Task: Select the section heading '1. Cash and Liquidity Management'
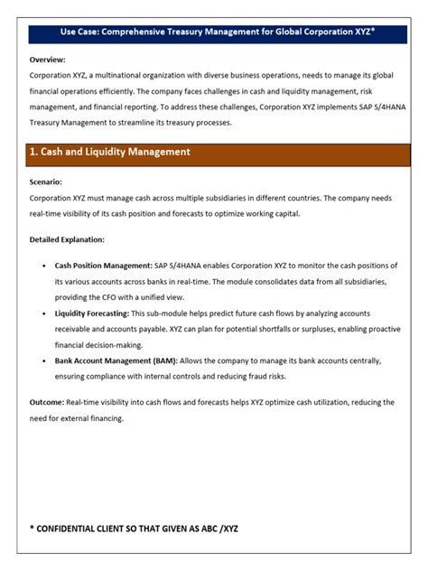[x=109, y=153]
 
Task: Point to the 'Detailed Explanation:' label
[x=67, y=239]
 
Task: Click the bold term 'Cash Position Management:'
[x=104, y=267]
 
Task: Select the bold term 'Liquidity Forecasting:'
[x=92, y=313]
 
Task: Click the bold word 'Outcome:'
[x=47, y=403]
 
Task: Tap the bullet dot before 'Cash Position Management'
[x=44, y=267]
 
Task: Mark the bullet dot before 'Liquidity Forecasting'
[x=44, y=313]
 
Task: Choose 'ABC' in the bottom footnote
[x=206, y=528]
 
